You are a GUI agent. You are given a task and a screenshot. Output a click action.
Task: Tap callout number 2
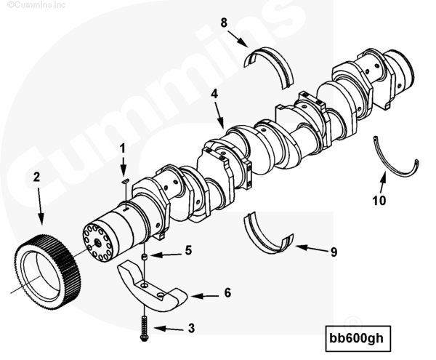pyautogui.click(x=36, y=176)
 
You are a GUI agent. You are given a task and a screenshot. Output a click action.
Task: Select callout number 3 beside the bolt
pyautogui.click(x=191, y=329)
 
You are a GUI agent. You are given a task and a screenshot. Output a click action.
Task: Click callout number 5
pyautogui.click(x=188, y=251)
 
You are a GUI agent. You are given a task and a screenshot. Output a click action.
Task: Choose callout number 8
pyautogui.click(x=225, y=23)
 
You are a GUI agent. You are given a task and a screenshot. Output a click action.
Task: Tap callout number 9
pyautogui.click(x=334, y=252)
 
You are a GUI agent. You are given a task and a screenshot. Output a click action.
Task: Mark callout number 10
pyautogui.click(x=379, y=200)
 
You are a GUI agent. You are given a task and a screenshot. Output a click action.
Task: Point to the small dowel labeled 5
pyautogui.click(x=145, y=257)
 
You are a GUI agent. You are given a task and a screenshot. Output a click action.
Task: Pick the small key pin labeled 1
pyautogui.click(x=124, y=181)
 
